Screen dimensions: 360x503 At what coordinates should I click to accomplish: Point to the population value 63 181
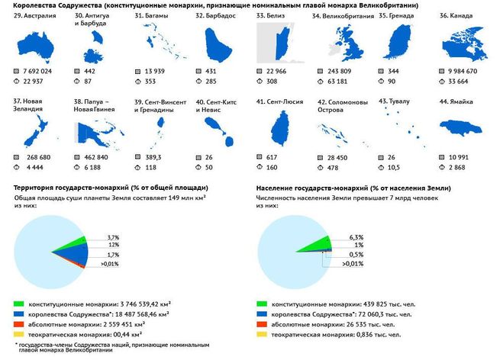340,81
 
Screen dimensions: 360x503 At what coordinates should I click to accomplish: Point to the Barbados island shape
221,46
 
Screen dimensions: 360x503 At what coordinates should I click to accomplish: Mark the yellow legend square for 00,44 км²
18,333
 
